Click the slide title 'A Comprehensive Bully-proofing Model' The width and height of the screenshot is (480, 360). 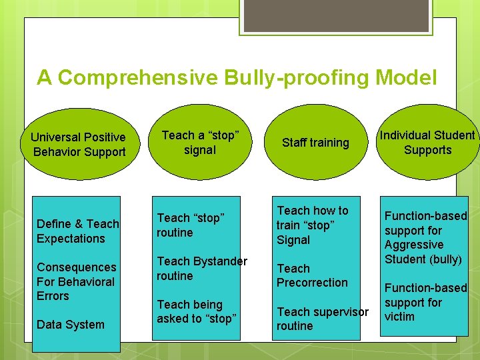coord(237,78)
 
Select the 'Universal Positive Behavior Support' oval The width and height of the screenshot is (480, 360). coord(78,145)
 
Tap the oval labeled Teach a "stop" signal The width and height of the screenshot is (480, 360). coord(199,142)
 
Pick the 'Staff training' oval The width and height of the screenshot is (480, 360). coord(315,143)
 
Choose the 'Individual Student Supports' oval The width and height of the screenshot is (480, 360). coord(427,143)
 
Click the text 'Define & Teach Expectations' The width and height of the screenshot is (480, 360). coord(77,231)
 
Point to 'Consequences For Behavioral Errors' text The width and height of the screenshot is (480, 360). coord(76,281)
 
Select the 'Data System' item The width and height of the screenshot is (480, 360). coord(71,325)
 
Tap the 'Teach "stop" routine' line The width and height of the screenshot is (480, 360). coord(190,225)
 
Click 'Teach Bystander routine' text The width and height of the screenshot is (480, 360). coord(201,268)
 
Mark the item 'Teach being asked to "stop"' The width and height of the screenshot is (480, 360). coord(197,311)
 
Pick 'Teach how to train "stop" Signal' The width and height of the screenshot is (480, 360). coord(312,225)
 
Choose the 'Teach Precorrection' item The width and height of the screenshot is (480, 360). coord(312,275)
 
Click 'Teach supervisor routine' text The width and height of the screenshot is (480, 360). coord(322,319)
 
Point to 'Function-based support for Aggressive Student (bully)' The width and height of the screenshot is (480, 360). coord(425,237)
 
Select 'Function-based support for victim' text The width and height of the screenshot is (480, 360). coord(425,302)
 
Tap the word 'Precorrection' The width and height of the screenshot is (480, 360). coord(312,283)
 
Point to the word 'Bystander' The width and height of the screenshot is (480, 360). coord(221,261)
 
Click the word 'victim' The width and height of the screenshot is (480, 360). coord(399,317)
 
